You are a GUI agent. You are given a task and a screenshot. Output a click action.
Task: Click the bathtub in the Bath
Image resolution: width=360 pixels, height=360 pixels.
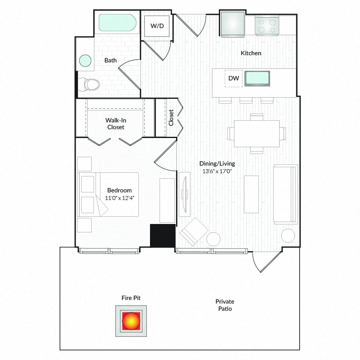(117, 23)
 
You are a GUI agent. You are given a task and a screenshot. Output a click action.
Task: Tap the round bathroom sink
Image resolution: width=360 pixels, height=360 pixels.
(85, 61)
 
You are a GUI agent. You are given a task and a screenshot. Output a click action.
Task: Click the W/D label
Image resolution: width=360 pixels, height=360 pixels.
(157, 26)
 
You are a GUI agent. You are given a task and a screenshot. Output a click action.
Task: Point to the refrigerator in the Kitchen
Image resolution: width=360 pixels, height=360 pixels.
(232, 24)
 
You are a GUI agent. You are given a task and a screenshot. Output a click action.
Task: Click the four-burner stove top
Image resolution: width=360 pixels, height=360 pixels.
(267, 26)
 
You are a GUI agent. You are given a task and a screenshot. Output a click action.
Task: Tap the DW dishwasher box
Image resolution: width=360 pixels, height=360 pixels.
(234, 78)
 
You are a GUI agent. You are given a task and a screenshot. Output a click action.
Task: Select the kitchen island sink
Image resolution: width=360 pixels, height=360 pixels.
(257, 78)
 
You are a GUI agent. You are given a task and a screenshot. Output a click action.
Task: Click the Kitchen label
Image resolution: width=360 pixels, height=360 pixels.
(251, 53)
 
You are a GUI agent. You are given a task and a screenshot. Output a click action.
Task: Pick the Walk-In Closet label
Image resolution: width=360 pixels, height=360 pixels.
(116, 124)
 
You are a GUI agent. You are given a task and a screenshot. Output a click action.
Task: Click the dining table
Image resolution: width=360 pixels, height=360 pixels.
(257, 134)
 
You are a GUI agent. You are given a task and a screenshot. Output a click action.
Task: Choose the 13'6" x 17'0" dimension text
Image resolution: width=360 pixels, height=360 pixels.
(217, 171)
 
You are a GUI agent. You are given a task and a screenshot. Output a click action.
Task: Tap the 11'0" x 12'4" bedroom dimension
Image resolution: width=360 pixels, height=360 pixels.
(120, 198)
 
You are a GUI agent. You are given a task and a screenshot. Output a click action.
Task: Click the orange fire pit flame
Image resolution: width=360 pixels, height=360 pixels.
(131, 321)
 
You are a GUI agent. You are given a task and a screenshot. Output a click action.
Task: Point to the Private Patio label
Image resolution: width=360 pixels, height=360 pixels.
(225, 305)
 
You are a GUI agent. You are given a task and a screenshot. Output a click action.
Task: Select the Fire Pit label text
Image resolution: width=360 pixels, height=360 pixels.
(131, 298)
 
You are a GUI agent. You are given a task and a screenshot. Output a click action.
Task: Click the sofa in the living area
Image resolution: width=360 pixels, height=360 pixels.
(286, 194)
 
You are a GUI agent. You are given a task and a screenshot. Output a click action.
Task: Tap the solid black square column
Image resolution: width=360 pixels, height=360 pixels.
(163, 236)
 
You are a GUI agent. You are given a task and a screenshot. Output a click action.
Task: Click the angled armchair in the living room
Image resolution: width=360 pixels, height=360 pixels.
(194, 232)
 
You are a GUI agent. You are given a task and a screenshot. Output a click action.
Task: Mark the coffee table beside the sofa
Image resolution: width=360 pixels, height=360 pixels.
(252, 194)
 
